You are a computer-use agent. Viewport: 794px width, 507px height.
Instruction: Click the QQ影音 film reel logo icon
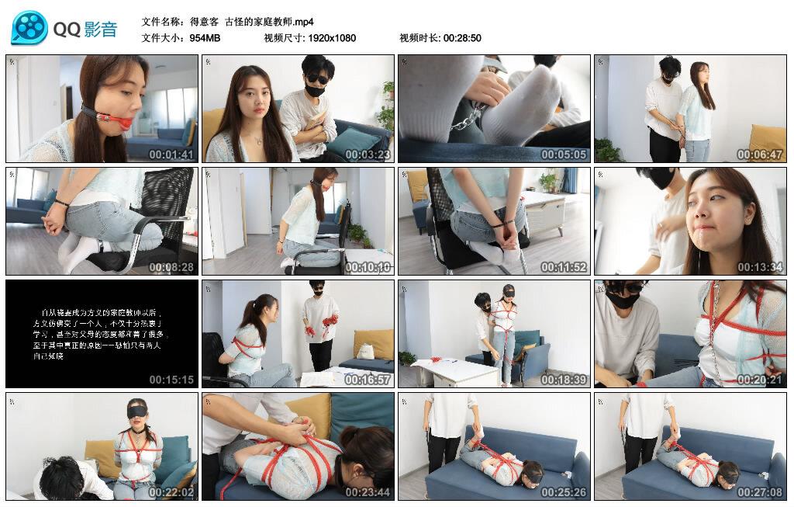point(29,28)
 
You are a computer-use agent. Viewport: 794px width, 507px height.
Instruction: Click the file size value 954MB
point(205,37)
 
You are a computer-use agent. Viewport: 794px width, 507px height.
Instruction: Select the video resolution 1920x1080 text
point(331,37)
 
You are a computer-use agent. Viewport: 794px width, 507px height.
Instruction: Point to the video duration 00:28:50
point(462,37)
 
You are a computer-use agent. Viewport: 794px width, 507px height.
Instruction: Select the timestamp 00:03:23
point(368,155)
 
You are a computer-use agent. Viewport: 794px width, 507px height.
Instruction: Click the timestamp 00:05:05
point(564,155)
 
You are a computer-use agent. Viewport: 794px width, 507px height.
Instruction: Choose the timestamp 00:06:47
point(760,155)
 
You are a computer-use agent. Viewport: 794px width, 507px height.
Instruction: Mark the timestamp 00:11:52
point(564,267)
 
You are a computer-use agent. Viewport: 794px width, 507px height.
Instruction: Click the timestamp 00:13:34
point(760,267)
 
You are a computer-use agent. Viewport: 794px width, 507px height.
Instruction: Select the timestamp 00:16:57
point(368,380)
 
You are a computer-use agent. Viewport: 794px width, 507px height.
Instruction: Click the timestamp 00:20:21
point(760,380)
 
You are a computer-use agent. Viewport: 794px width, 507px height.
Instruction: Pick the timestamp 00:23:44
point(368,492)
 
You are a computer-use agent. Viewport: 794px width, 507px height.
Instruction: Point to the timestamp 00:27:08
point(760,492)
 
